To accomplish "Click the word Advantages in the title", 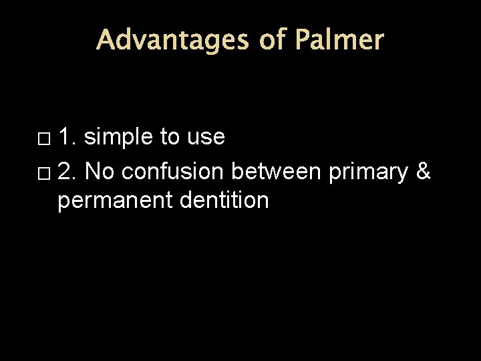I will pyautogui.click(x=172, y=40).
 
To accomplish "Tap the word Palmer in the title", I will pyautogui.click(x=339, y=40).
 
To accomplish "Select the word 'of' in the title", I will pyautogui.click(x=272, y=40).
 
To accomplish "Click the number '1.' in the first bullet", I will pyautogui.click(x=67, y=137).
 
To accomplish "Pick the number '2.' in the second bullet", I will pyautogui.click(x=67, y=172).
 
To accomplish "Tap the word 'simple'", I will pyautogui.click(x=120, y=138).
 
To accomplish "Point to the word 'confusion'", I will pyautogui.click(x=174, y=172).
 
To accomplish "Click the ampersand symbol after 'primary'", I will pyautogui.click(x=424, y=172).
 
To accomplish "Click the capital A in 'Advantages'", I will pyautogui.click(x=105, y=40).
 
